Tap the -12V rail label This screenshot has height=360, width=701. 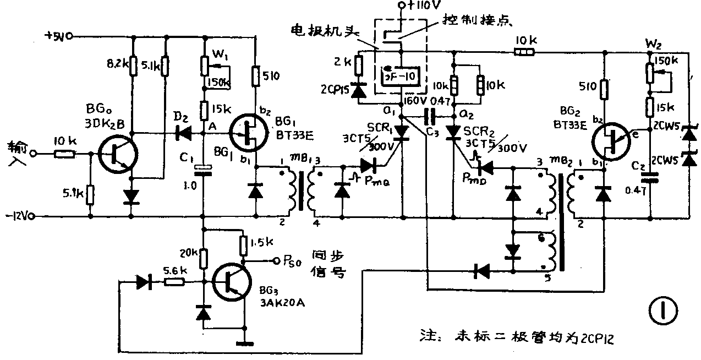coord(19,216)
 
